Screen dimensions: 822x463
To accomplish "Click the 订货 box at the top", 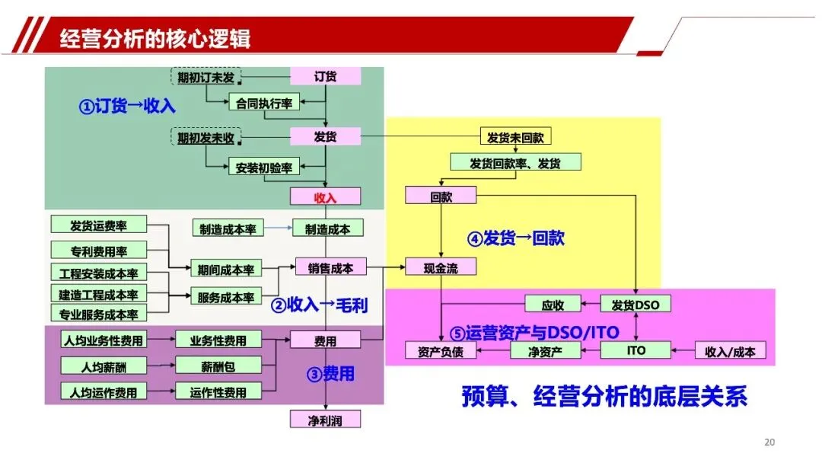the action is tap(326, 76).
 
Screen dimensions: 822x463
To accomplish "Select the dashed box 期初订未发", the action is tap(205, 77).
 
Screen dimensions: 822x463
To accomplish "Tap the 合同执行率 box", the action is tap(264, 101).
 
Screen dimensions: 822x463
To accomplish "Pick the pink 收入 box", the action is tap(325, 196).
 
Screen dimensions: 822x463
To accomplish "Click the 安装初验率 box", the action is tap(263, 166).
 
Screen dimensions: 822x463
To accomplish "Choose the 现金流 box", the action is tap(441, 267).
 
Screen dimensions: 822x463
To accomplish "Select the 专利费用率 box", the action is tap(99, 250).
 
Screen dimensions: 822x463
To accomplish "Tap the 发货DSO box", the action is tap(636, 305).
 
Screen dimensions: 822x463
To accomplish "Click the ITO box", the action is tap(636, 350).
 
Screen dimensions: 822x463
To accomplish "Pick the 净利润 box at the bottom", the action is tap(325, 419).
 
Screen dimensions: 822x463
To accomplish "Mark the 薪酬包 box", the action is tap(218, 366).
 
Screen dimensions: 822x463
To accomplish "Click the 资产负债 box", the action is tap(441, 351).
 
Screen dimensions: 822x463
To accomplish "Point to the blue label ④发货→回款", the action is tap(515, 238).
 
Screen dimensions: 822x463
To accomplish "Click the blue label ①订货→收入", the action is tap(126, 106).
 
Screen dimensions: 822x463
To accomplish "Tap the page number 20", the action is tap(769, 442).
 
